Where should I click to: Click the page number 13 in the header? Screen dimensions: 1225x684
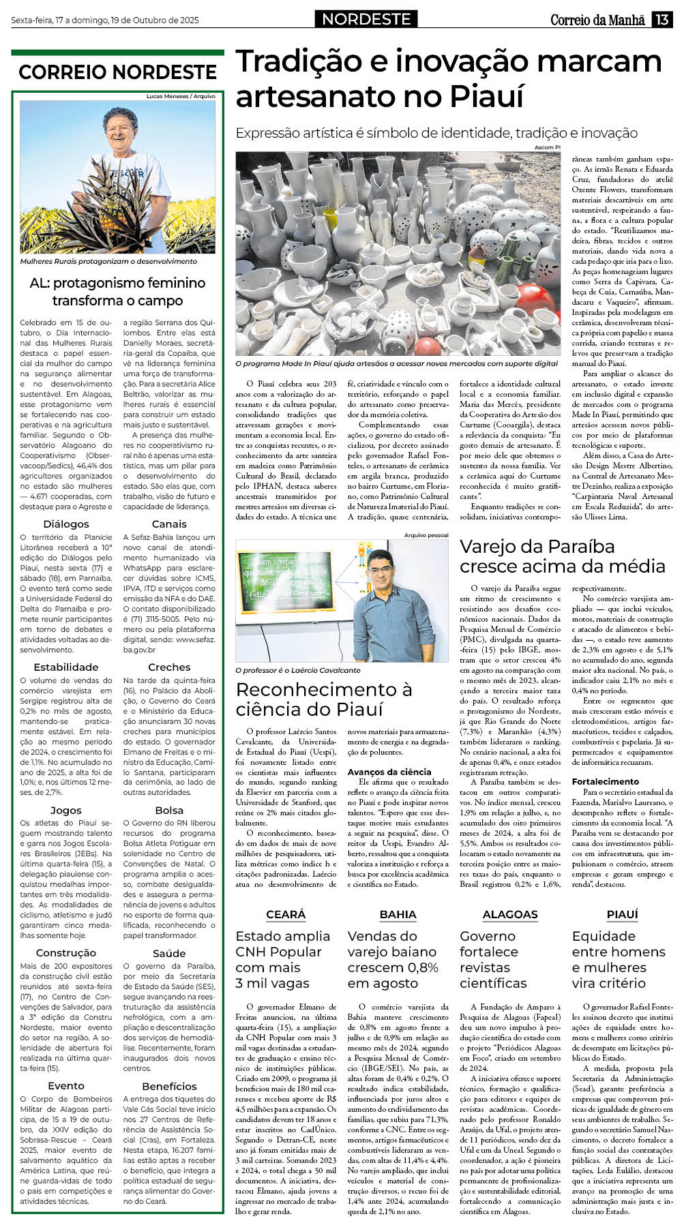(x=662, y=20)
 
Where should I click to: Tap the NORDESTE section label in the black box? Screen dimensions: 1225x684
(x=366, y=19)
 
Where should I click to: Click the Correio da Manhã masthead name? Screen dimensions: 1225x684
(x=597, y=20)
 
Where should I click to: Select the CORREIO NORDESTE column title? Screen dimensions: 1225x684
(x=117, y=72)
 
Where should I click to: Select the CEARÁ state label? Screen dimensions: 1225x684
(x=286, y=915)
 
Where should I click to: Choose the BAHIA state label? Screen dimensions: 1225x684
(x=398, y=915)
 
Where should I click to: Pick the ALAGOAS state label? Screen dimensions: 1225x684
(x=510, y=915)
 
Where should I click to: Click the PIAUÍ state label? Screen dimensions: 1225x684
(x=622, y=915)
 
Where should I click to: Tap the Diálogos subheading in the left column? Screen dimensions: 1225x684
(x=66, y=524)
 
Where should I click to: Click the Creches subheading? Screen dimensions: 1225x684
(x=169, y=667)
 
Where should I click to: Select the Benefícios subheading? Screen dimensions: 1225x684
(x=169, y=1086)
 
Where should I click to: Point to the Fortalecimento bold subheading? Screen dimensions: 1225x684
(x=605, y=781)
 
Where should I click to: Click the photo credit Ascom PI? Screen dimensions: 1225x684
(x=547, y=147)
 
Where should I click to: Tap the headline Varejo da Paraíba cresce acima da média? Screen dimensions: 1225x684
(x=562, y=556)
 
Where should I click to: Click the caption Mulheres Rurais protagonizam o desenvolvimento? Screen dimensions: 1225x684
(x=108, y=261)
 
